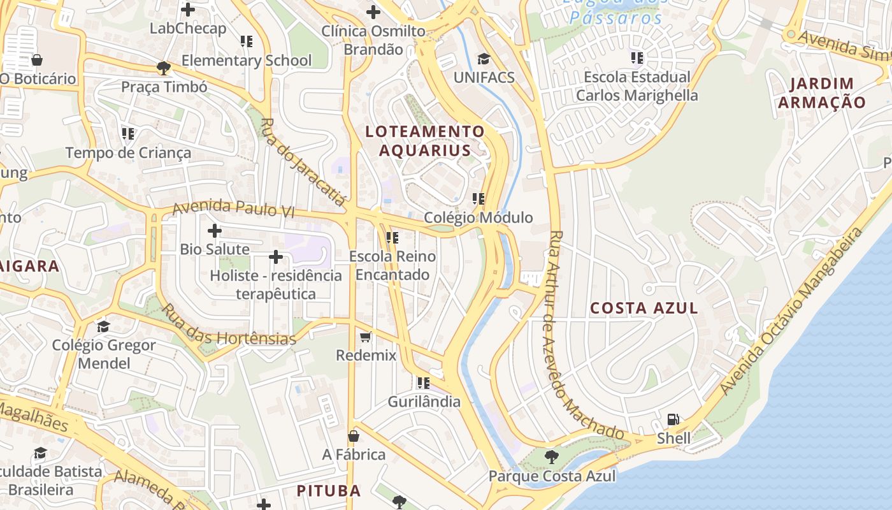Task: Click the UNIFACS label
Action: pyautogui.click(x=484, y=77)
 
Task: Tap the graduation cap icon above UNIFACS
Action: pyautogui.click(x=484, y=59)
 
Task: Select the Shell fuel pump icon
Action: pyautogui.click(x=673, y=419)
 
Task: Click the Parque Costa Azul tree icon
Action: pyautogui.click(x=551, y=456)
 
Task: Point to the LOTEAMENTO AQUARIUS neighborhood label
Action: pyautogui.click(x=425, y=141)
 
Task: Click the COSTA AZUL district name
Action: pyautogui.click(x=644, y=308)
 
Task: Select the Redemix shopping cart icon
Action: pyautogui.click(x=366, y=336)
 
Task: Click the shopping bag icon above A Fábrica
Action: pyautogui.click(x=354, y=436)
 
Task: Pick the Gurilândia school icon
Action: pyautogui.click(x=424, y=383)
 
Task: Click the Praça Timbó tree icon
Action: pyautogui.click(x=164, y=68)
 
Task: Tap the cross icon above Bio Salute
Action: pyautogui.click(x=215, y=230)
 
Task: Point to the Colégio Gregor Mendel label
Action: pyautogui.click(x=104, y=354)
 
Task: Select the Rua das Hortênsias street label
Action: pyautogui.click(x=228, y=324)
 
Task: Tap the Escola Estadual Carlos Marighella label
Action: pyautogui.click(x=637, y=86)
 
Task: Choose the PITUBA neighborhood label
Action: pyautogui.click(x=329, y=490)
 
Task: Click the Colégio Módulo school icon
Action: pyautogui.click(x=478, y=199)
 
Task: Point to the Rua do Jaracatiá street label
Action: pyautogui.click(x=302, y=163)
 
